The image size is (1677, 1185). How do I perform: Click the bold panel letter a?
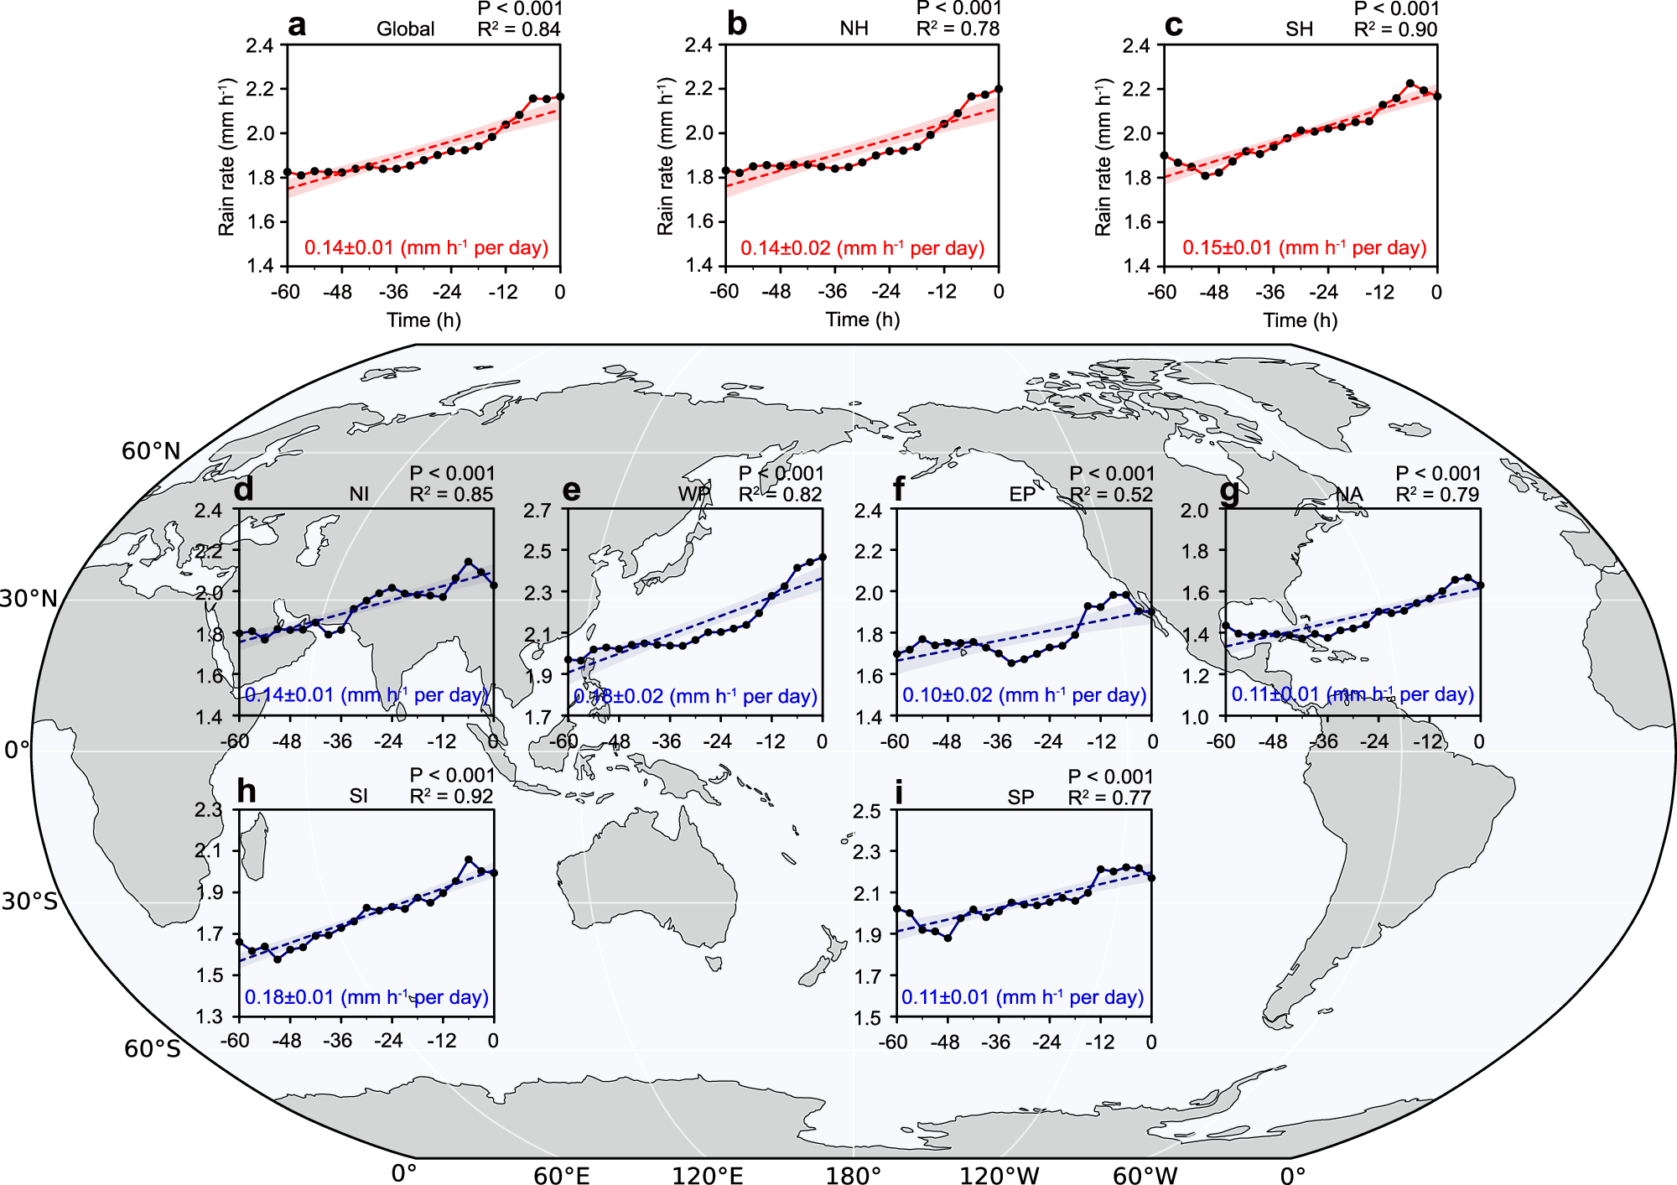coord(297,25)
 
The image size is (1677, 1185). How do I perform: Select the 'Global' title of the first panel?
coord(405,29)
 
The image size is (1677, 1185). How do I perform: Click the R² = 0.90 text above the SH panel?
coord(1395,30)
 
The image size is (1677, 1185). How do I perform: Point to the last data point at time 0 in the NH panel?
coord(998,89)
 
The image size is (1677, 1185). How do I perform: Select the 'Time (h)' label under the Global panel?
coord(423,320)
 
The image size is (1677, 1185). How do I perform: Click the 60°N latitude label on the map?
coord(151,451)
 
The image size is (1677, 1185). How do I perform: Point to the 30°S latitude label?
coord(29,902)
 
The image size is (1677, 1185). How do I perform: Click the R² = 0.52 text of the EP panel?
coord(1112,495)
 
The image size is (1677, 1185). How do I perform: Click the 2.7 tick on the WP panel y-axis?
coord(537,510)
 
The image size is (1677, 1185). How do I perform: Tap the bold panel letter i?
coord(899,793)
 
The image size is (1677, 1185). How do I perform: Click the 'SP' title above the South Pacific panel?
coord(1020,797)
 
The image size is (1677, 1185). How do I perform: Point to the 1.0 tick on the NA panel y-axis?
coord(1195,717)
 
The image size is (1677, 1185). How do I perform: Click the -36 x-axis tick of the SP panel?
coord(995,1042)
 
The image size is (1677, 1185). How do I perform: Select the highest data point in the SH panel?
coord(1410,84)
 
